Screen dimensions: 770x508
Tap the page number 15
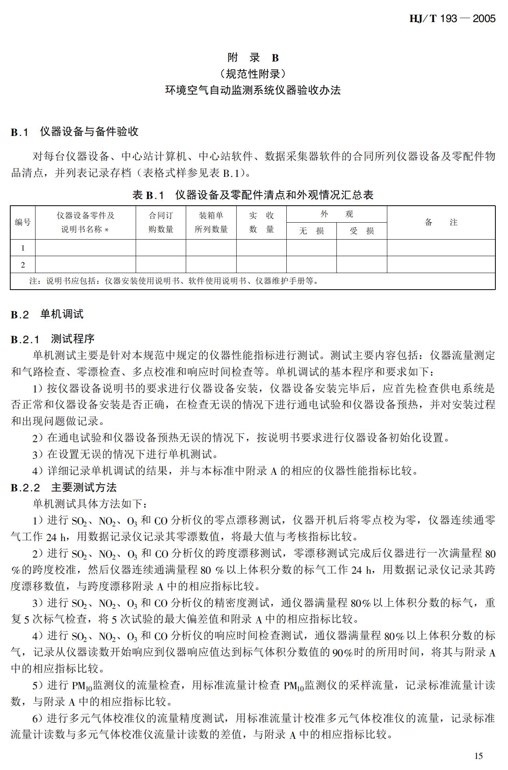click(x=478, y=755)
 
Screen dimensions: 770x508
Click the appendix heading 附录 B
click(x=253, y=58)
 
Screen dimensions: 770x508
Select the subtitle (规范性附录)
click(x=253, y=74)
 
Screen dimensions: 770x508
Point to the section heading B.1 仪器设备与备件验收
click(x=75, y=132)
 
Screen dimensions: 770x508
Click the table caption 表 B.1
click(x=253, y=195)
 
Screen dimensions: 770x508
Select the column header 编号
click(x=22, y=222)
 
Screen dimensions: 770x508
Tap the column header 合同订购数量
click(x=161, y=222)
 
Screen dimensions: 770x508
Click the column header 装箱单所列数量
click(x=211, y=222)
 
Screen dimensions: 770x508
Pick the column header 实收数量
click(x=261, y=222)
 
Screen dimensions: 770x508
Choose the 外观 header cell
click(x=336, y=214)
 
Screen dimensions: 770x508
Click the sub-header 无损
click(x=311, y=231)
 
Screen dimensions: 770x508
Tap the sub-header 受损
click(x=362, y=231)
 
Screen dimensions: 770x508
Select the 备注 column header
click(x=441, y=222)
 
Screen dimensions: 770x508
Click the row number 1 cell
click(x=22, y=248)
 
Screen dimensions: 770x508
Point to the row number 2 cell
click(x=22, y=265)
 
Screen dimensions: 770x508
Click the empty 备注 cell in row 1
click(x=441, y=248)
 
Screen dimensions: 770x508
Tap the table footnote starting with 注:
click(x=174, y=281)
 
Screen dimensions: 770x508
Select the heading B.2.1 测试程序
click(x=52, y=339)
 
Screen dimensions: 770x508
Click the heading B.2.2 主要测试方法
click(x=64, y=487)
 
